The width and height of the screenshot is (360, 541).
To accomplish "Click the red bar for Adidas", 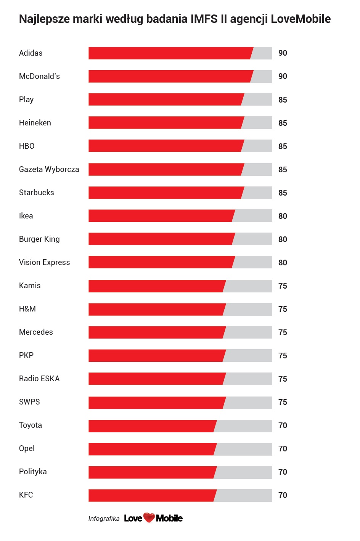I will [170, 53].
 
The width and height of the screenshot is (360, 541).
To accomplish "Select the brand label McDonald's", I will [39, 76].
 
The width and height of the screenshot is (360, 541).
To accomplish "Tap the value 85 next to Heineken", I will [283, 123].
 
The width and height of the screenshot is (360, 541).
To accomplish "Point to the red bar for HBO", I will [166, 146].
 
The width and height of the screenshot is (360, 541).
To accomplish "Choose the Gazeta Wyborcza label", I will [49, 169].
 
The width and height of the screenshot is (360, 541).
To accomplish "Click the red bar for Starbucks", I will [166, 193].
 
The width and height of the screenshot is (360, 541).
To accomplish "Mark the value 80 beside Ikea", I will [283, 216].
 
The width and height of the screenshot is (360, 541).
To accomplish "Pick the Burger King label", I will [39, 239].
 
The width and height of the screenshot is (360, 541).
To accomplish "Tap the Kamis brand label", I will [30, 286].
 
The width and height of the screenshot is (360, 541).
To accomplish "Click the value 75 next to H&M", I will [283, 309].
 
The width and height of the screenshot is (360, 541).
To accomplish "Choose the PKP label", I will [26, 355].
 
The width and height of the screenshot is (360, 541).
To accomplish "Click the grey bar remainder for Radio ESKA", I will [248, 379].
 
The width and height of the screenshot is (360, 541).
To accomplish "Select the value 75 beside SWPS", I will [283, 402].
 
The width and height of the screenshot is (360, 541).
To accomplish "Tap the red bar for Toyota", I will [152, 426].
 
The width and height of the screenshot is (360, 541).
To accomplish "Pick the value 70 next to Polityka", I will [283, 472].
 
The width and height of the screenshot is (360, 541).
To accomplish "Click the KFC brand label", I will [26, 495].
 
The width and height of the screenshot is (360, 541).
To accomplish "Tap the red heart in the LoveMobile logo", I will [149, 518].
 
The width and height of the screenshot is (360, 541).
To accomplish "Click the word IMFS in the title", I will [204, 19].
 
